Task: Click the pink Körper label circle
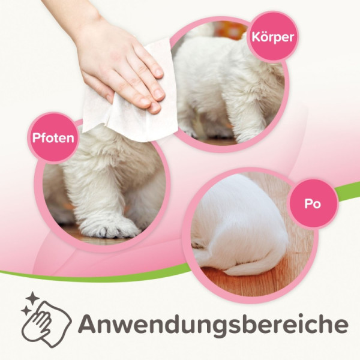[x=272, y=37]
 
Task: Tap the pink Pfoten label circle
[x=53, y=138]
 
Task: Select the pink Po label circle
[x=313, y=203]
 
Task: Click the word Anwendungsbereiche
[x=213, y=323]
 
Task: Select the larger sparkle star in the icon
[x=33, y=298]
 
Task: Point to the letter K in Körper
[x=256, y=37]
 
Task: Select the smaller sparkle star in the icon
[x=25, y=311]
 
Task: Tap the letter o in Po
[x=317, y=205]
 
